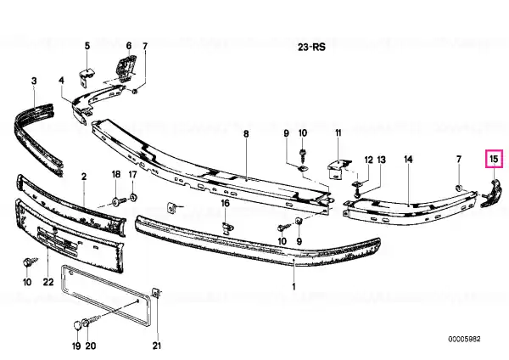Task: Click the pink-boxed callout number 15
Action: (494, 159)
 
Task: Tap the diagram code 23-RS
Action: (311, 47)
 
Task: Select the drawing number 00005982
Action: (464, 340)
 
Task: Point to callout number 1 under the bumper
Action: (294, 287)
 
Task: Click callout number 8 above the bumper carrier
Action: (246, 133)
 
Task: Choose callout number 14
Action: (408, 160)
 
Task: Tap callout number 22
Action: (48, 281)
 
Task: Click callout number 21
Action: (157, 345)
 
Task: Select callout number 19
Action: (76, 346)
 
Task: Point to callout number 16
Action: (226, 204)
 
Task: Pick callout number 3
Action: (34, 81)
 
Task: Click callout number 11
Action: (338, 133)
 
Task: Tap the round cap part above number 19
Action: (77, 325)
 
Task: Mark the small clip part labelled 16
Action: (228, 228)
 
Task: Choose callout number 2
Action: (84, 177)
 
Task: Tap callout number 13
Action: (382, 160)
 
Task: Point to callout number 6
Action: (129, 46)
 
